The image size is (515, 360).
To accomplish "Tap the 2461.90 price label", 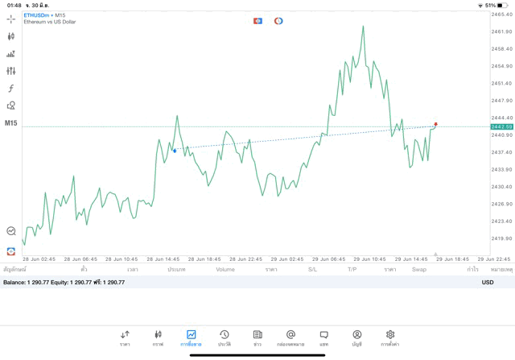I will coord(501,31).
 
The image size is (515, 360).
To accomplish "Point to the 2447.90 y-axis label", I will coord(501,101).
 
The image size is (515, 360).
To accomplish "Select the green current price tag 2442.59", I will coord(502,126).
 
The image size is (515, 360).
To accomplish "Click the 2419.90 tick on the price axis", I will coord(501,238).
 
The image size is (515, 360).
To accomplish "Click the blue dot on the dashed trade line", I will coord(175,151).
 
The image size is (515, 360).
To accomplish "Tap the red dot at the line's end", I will coord(436,124).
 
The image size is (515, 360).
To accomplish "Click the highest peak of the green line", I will coord(363,26).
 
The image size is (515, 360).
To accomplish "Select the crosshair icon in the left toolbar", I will coord(11,19).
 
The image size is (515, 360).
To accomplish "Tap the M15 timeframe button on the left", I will coord(11,123).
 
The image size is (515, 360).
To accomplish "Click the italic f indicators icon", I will coord(11,89).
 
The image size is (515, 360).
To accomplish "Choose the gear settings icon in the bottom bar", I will coord(390,337).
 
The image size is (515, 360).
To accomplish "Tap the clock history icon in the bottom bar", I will coord(225,337).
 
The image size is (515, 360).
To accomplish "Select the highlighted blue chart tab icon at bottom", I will coord(191,337).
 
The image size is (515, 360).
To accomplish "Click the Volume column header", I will coord(225,270).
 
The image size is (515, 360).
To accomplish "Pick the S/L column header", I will coord(312,270).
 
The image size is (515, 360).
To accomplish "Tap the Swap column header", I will coord(419,270).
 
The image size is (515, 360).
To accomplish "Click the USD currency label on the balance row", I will coord(488,282).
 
